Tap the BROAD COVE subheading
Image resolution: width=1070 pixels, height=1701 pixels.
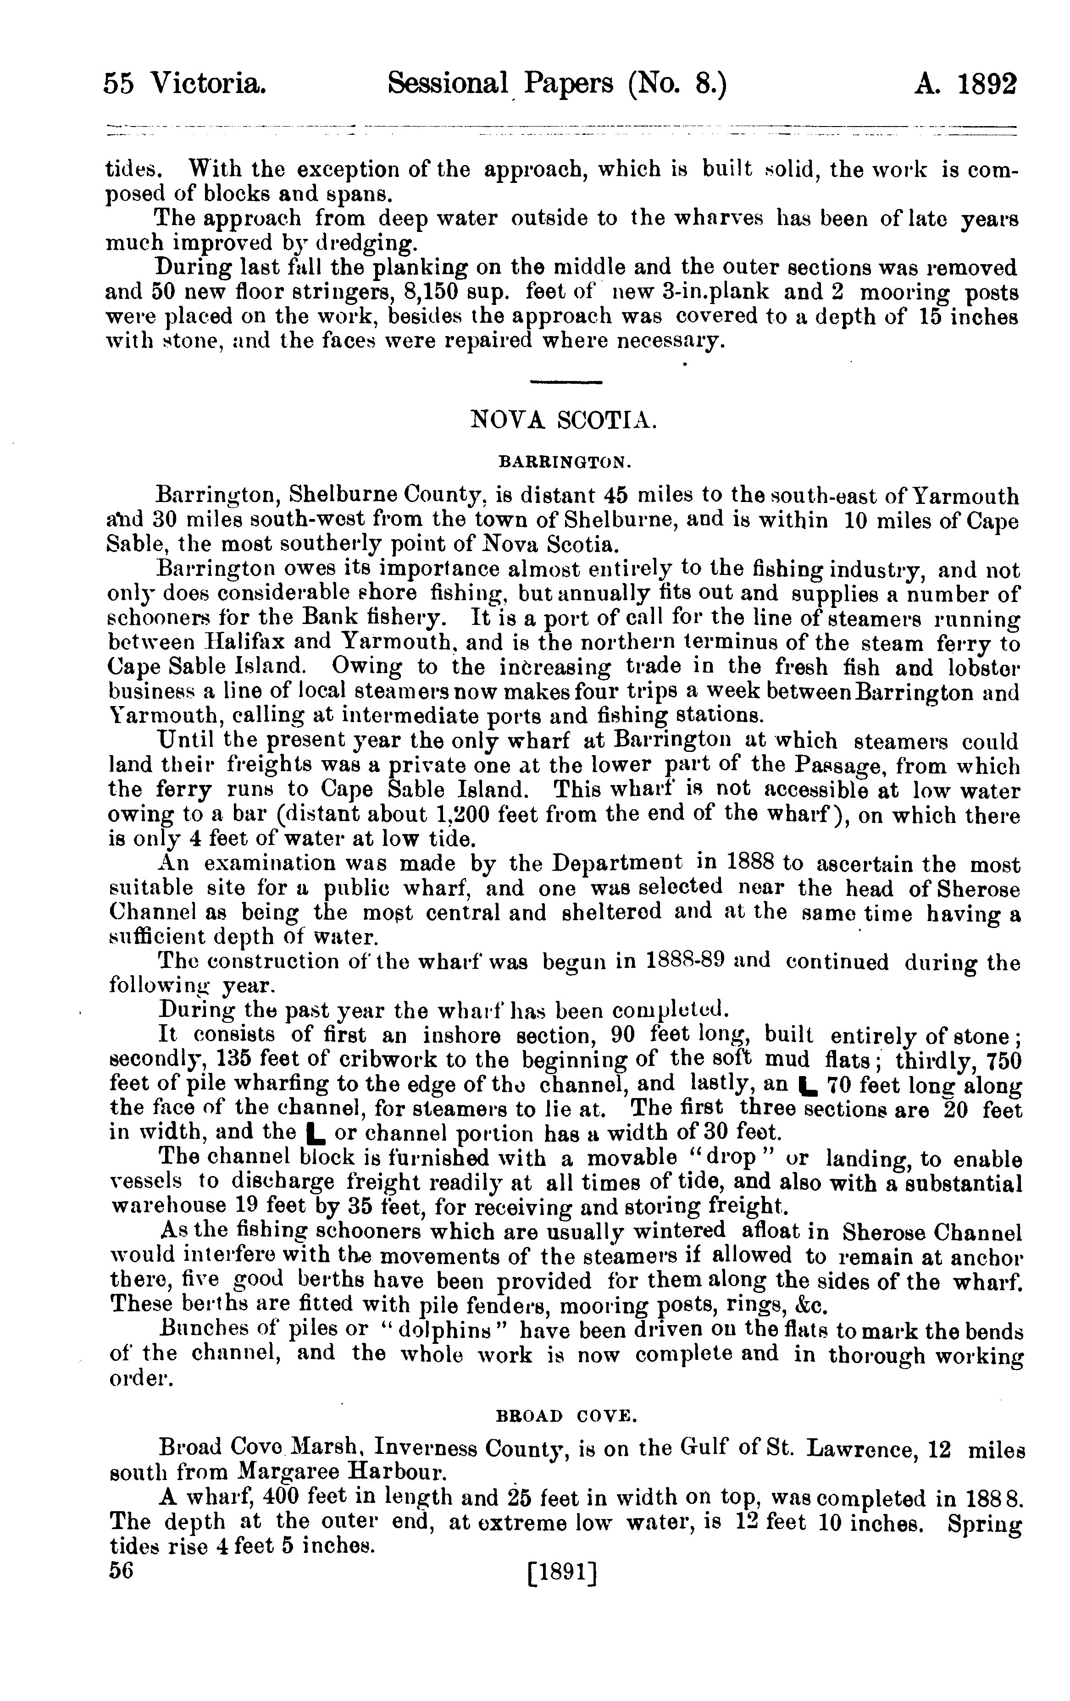[x=567, y=1416]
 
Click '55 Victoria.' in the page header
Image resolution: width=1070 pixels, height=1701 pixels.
[x=185, y=85]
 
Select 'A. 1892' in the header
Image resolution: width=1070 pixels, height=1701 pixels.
[x=965, y=85]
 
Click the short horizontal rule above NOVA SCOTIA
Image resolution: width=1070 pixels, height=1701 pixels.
[x=565, y=382]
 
